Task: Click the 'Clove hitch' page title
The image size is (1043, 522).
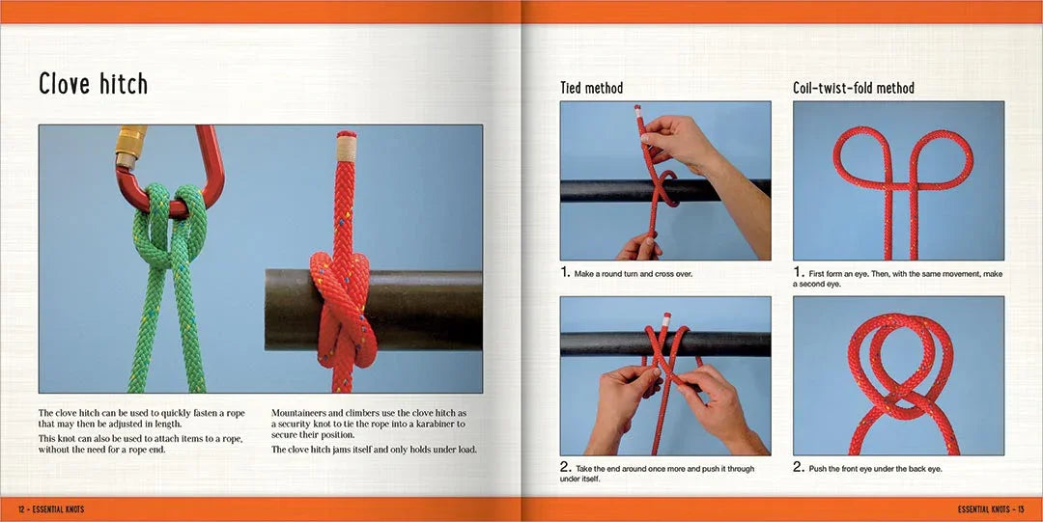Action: pos(93,84)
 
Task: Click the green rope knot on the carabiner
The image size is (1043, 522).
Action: pos(170,225)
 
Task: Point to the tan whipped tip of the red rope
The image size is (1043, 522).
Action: pos(346,147)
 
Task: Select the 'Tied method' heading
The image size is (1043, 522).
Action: pos(591,88)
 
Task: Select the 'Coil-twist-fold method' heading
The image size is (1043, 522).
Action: pos(854,88)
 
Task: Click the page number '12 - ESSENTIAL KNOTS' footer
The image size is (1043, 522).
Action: pos(51,509)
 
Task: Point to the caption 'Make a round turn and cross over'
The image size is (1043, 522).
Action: pos(634,274)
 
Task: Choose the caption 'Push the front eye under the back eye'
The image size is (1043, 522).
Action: pos(875,469)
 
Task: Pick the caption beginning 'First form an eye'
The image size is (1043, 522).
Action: pos(897,279)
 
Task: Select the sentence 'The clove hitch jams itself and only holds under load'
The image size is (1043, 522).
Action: pos(374,450)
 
